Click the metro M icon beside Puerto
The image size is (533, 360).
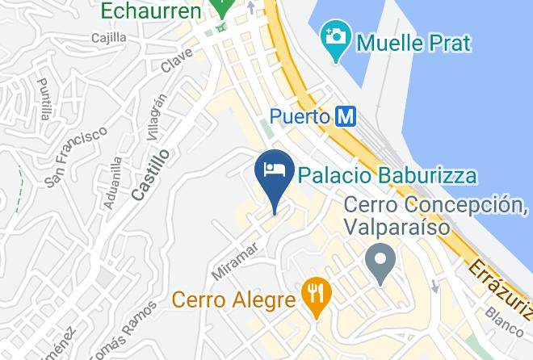pyautogui.click(x=345, y=117)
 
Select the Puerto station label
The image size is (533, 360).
pyautogui.click(x=299, y=118)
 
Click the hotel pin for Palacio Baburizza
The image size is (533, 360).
pyautogui.click(x=273, y=172)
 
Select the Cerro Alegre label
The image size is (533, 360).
pyautogui.click(x=233, y=301)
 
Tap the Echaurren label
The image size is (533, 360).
pyautogui.click(x=150, y=11)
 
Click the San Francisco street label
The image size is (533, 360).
pyautogui.click(x=76, y=156)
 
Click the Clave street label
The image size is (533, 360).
pyautogui.click(x=176, y=59)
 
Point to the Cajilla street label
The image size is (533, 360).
pyautogui.click(x=109, y=37)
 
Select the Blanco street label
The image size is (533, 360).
pyautogui.click(x=505, y=320)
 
